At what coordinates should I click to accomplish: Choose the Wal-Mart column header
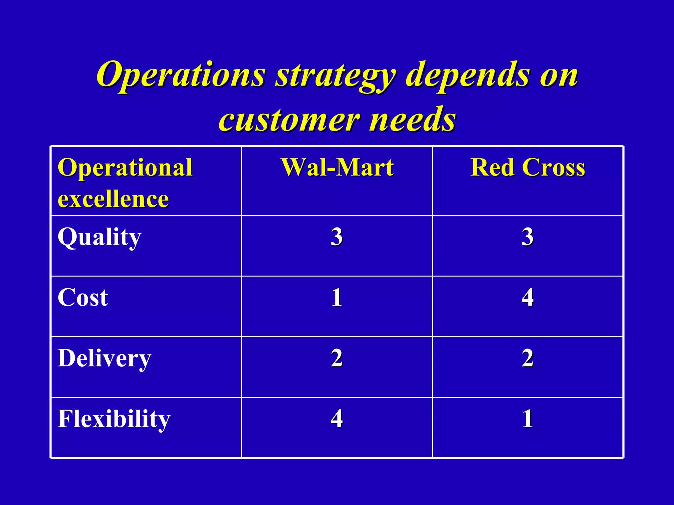pyautogui.click(x=337, y=168)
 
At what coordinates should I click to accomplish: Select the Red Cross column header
pyautogui.click(x=528, y=168)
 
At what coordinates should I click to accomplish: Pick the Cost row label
pyautogui.click(x=83, y=298)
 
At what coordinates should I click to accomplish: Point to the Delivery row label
pyautogui.click(x=104, y=358)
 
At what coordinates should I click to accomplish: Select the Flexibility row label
pyautogui.click(x=114, y=419)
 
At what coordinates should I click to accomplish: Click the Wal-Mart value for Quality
pyautogui.click(x=337, y=237)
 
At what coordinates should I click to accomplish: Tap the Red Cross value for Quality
pyautogui.click(x=527, y=237)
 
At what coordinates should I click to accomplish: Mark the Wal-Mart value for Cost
pyautogui.click(x=337, y=298)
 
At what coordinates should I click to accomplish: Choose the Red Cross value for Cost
pyautogui.click(x=527, y=298)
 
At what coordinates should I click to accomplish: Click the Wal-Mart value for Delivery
pyautogui.click(x=337, y=358)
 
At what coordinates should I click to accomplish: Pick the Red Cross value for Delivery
pyautogui.click(x=527, y=358)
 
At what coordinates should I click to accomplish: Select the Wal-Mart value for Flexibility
pyautogui.click(x=337, y=419)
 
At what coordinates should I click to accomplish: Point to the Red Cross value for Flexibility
pyautogui.click(x=528, y=419)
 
